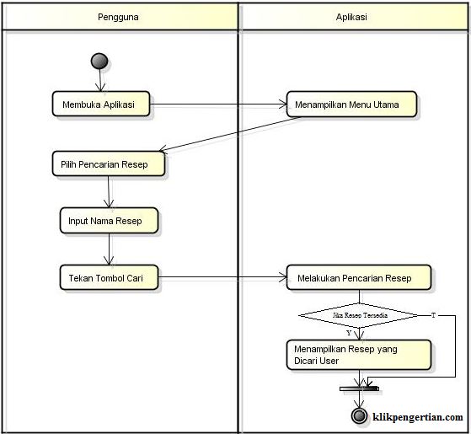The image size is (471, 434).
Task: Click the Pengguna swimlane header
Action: point(120,16)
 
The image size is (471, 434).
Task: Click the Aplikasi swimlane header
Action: point(352,16)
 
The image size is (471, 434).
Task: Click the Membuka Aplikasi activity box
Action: point(100,104)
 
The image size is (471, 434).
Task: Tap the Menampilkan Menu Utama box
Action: point(352,104)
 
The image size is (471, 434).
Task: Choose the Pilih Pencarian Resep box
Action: point(108,164)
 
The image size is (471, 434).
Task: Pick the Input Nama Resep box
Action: point(108,221)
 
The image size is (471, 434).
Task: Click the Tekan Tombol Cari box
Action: point(108,277)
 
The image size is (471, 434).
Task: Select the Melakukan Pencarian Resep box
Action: point(359,277)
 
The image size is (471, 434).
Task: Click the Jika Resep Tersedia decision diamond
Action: point(358,315)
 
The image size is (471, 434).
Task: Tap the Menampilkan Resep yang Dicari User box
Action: point(358,354)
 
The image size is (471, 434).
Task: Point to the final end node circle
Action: point(359,417)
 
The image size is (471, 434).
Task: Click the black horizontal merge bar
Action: point(359,388)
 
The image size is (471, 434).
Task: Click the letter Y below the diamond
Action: point(349,333)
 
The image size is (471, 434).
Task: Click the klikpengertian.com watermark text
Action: point(418,417)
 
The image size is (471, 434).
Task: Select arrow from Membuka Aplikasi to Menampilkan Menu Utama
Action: point(217,105)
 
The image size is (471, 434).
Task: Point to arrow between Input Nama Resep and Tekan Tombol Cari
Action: point(108,249)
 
